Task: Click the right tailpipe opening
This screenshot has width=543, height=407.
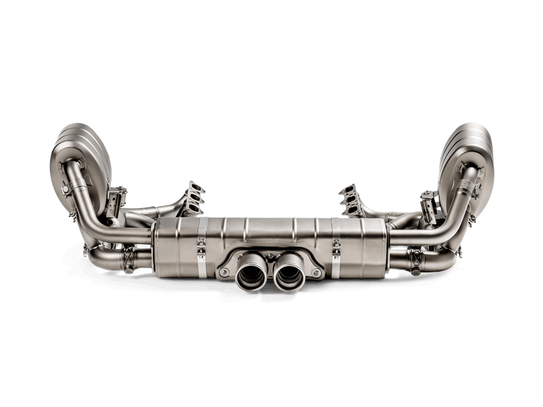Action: (x=288, y=278)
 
